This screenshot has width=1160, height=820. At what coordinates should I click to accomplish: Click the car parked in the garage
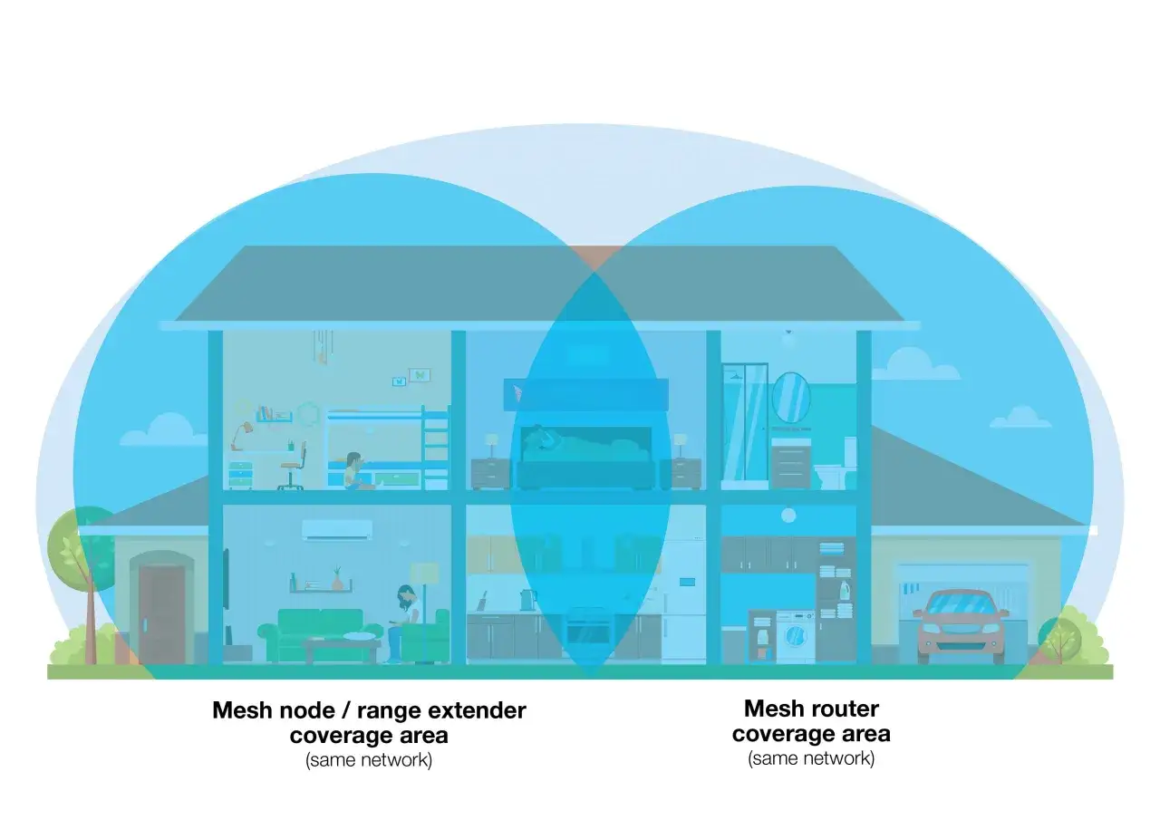pos(961,625)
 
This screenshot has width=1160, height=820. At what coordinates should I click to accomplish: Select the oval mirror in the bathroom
pos(791,398)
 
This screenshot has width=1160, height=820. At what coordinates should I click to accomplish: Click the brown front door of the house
pos(161,614)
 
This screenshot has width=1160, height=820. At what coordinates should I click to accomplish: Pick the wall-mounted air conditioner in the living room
pos(336,530)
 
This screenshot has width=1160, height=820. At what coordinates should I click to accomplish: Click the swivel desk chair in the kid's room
pos(293,466)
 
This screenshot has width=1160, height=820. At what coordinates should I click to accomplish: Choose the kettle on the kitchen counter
pos(528,600)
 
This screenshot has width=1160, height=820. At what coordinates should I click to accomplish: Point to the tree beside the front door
pos(82,574)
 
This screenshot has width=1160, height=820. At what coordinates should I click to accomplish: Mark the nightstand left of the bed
pos(490,474)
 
